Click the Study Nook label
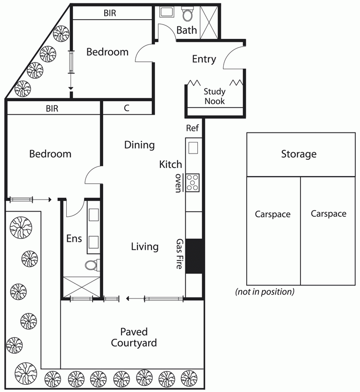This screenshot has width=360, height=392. click(x=215, y=96)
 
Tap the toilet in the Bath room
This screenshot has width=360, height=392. click(x=187, y=14)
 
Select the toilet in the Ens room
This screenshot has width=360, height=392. click(x=92, y=265)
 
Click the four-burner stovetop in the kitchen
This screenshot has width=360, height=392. click(x=192, y=183)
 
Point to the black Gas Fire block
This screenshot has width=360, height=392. click(x=194, y=256)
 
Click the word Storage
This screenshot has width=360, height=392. click(x=299, y=154)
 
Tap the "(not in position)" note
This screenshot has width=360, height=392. click(x=264, y=292)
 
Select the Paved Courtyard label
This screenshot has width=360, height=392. click(x=134, y=337)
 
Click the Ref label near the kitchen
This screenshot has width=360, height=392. click(x=192, y=128)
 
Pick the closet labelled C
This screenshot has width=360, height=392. click(x=127, y=108)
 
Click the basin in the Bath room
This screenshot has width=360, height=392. click(x=167, y=12)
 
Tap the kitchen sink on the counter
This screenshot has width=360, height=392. click(x=193, y=148)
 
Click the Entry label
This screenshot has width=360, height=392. click(x=204, y=59)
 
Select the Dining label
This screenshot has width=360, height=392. click(x=139, y=145)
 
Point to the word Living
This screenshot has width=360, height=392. click(x=144, y=247)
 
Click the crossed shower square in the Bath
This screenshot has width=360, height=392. click(x=209, y=23)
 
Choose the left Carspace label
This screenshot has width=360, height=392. click(x=273, y=214)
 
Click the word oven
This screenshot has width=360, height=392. click(x=178, y=183)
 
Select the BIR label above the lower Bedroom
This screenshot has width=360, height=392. click(x=52, y=108)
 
